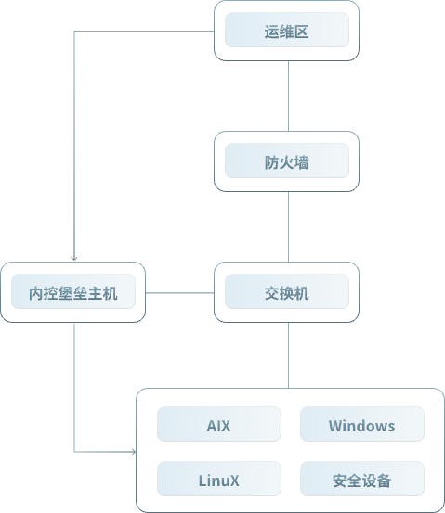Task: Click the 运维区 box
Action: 287,31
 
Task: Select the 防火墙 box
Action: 287,161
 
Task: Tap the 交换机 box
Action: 287,292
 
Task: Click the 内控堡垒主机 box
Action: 73,292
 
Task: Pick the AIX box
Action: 219,424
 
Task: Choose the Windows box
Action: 362,424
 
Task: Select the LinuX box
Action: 219,479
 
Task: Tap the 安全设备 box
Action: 362,479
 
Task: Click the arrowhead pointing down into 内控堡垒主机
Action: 74,258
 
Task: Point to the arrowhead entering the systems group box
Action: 134,452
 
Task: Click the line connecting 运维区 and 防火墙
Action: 288,96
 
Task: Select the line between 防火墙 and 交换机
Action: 288,226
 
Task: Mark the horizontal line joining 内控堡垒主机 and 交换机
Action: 180,293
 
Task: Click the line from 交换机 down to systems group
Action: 288,355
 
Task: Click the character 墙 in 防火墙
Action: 302,162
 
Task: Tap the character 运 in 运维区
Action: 271,32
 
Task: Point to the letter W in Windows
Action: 335,426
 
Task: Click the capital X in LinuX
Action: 234,481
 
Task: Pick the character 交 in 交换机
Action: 271,293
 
